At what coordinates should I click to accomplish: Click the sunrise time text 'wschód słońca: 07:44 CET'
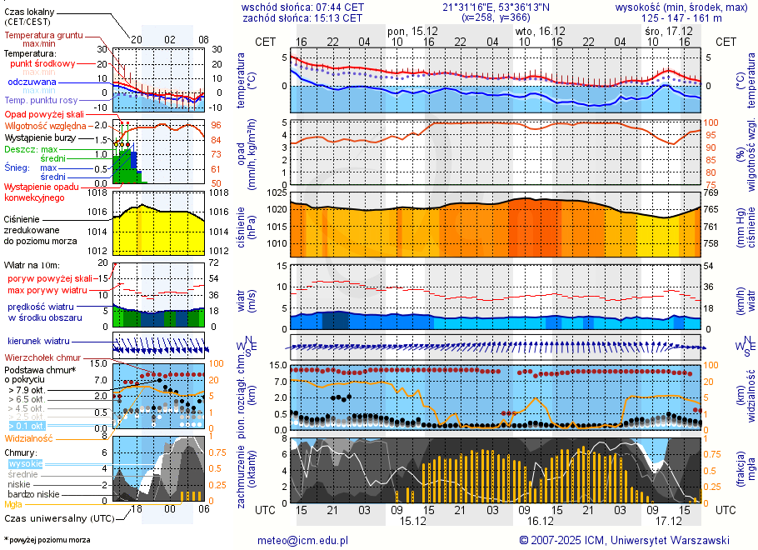click(302, 7)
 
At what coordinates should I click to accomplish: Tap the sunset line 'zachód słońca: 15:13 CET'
click(302, 17)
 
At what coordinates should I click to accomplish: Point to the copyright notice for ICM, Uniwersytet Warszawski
click(624, 540)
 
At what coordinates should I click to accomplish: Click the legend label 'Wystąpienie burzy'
click(41, 137)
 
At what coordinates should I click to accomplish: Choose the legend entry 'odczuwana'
click(32, 82)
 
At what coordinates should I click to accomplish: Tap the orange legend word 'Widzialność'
click(29, 437)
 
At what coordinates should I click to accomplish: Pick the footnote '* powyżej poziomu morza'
click(47, 540)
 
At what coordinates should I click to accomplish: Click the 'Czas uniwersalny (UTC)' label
click(57, 518)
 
